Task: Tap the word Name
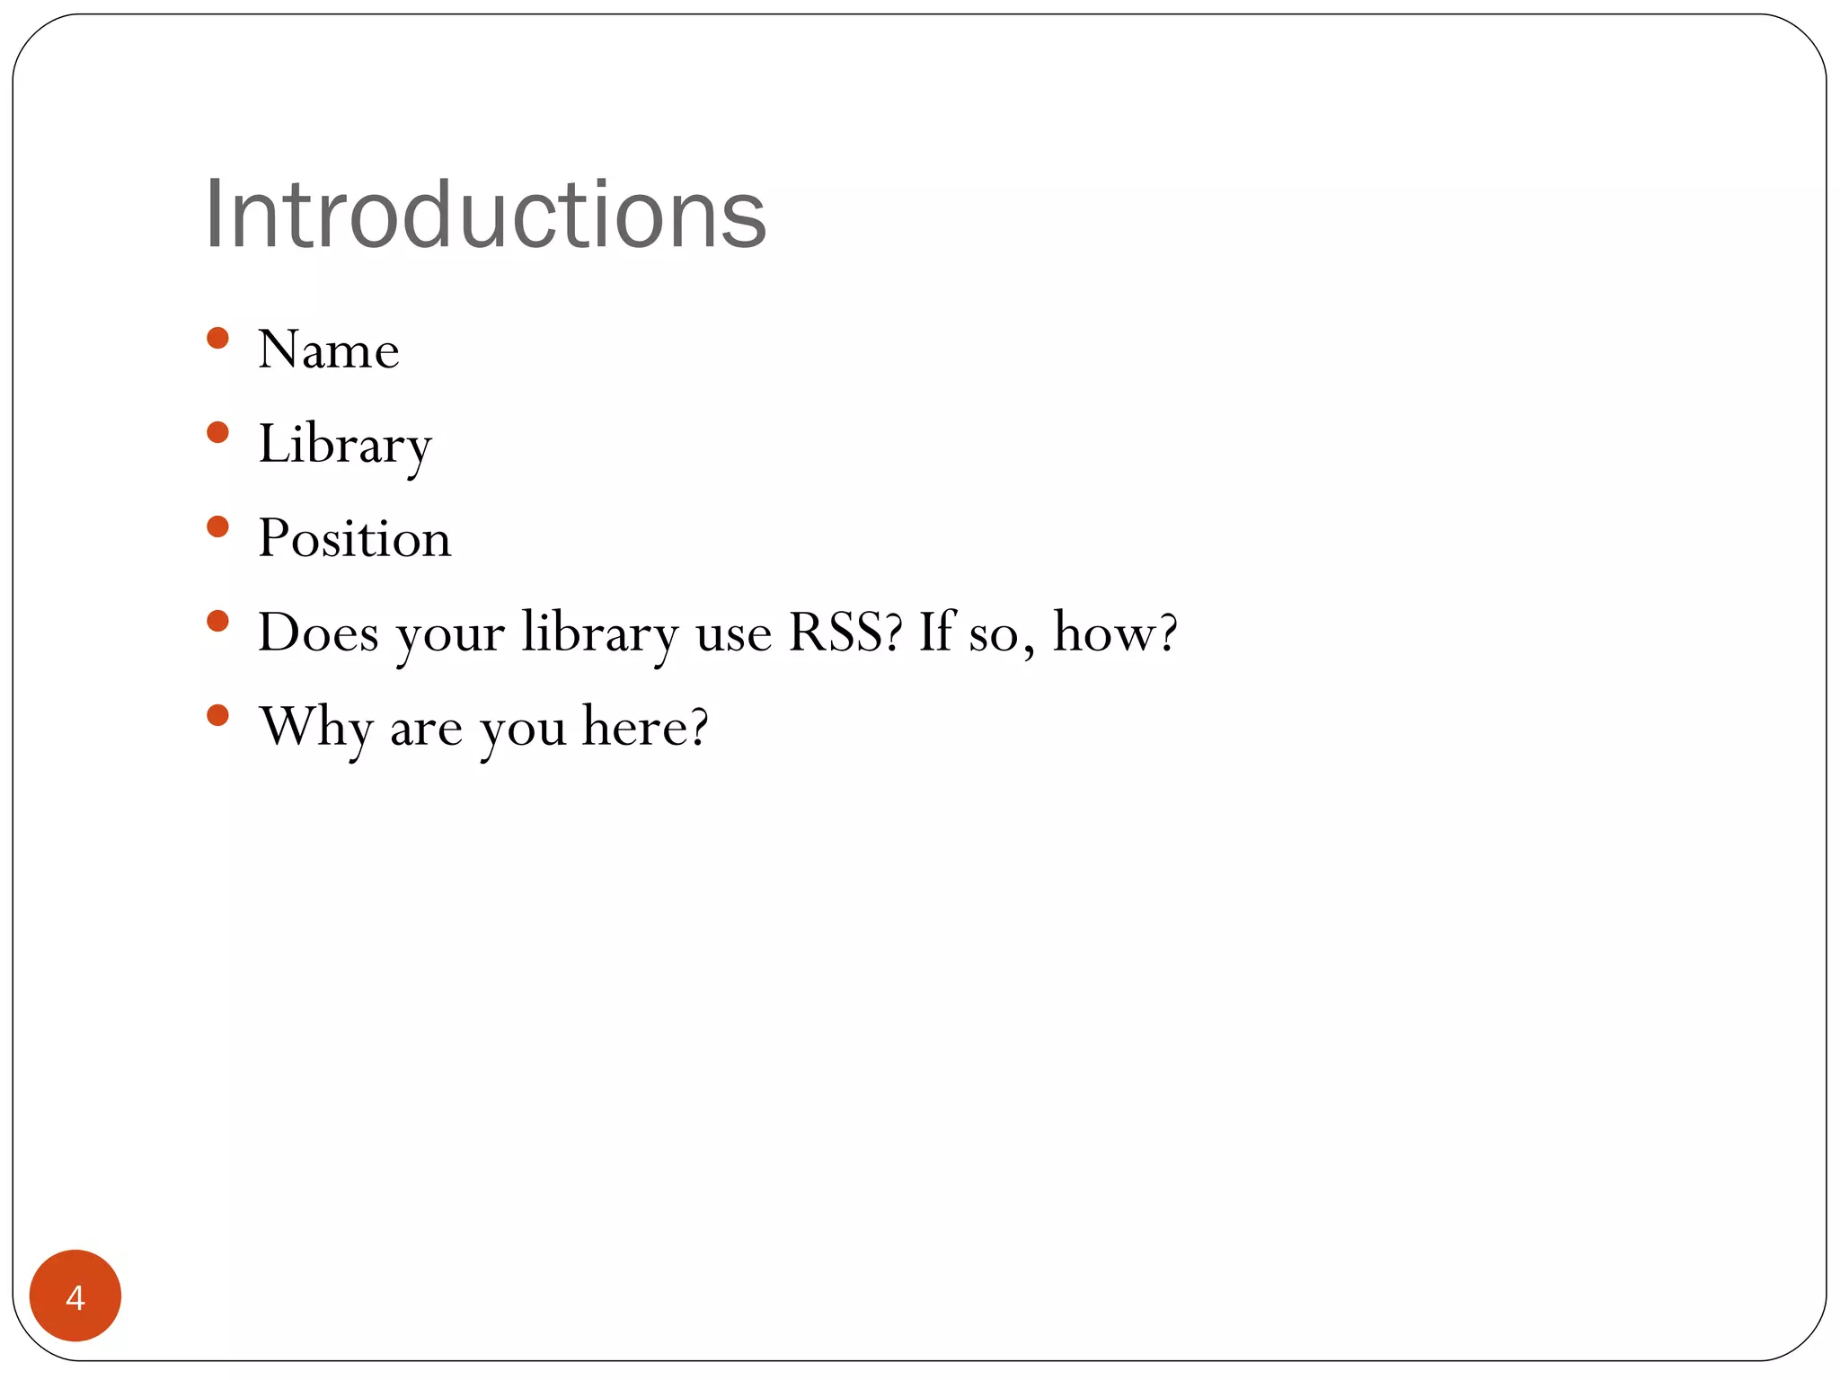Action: point(329,349)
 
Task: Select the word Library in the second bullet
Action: point(345,444)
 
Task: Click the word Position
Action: point(355,538)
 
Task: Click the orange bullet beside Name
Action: point(217,338)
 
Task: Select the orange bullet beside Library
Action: point(217,432)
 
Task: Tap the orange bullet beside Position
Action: point(217,526)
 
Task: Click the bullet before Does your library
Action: point(217,621)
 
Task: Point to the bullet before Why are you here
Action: point(217,715)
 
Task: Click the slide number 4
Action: point(75,1297)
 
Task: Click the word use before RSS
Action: point(734,634)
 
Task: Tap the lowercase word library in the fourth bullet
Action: point(599,633)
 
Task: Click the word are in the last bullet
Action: point(426,729)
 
